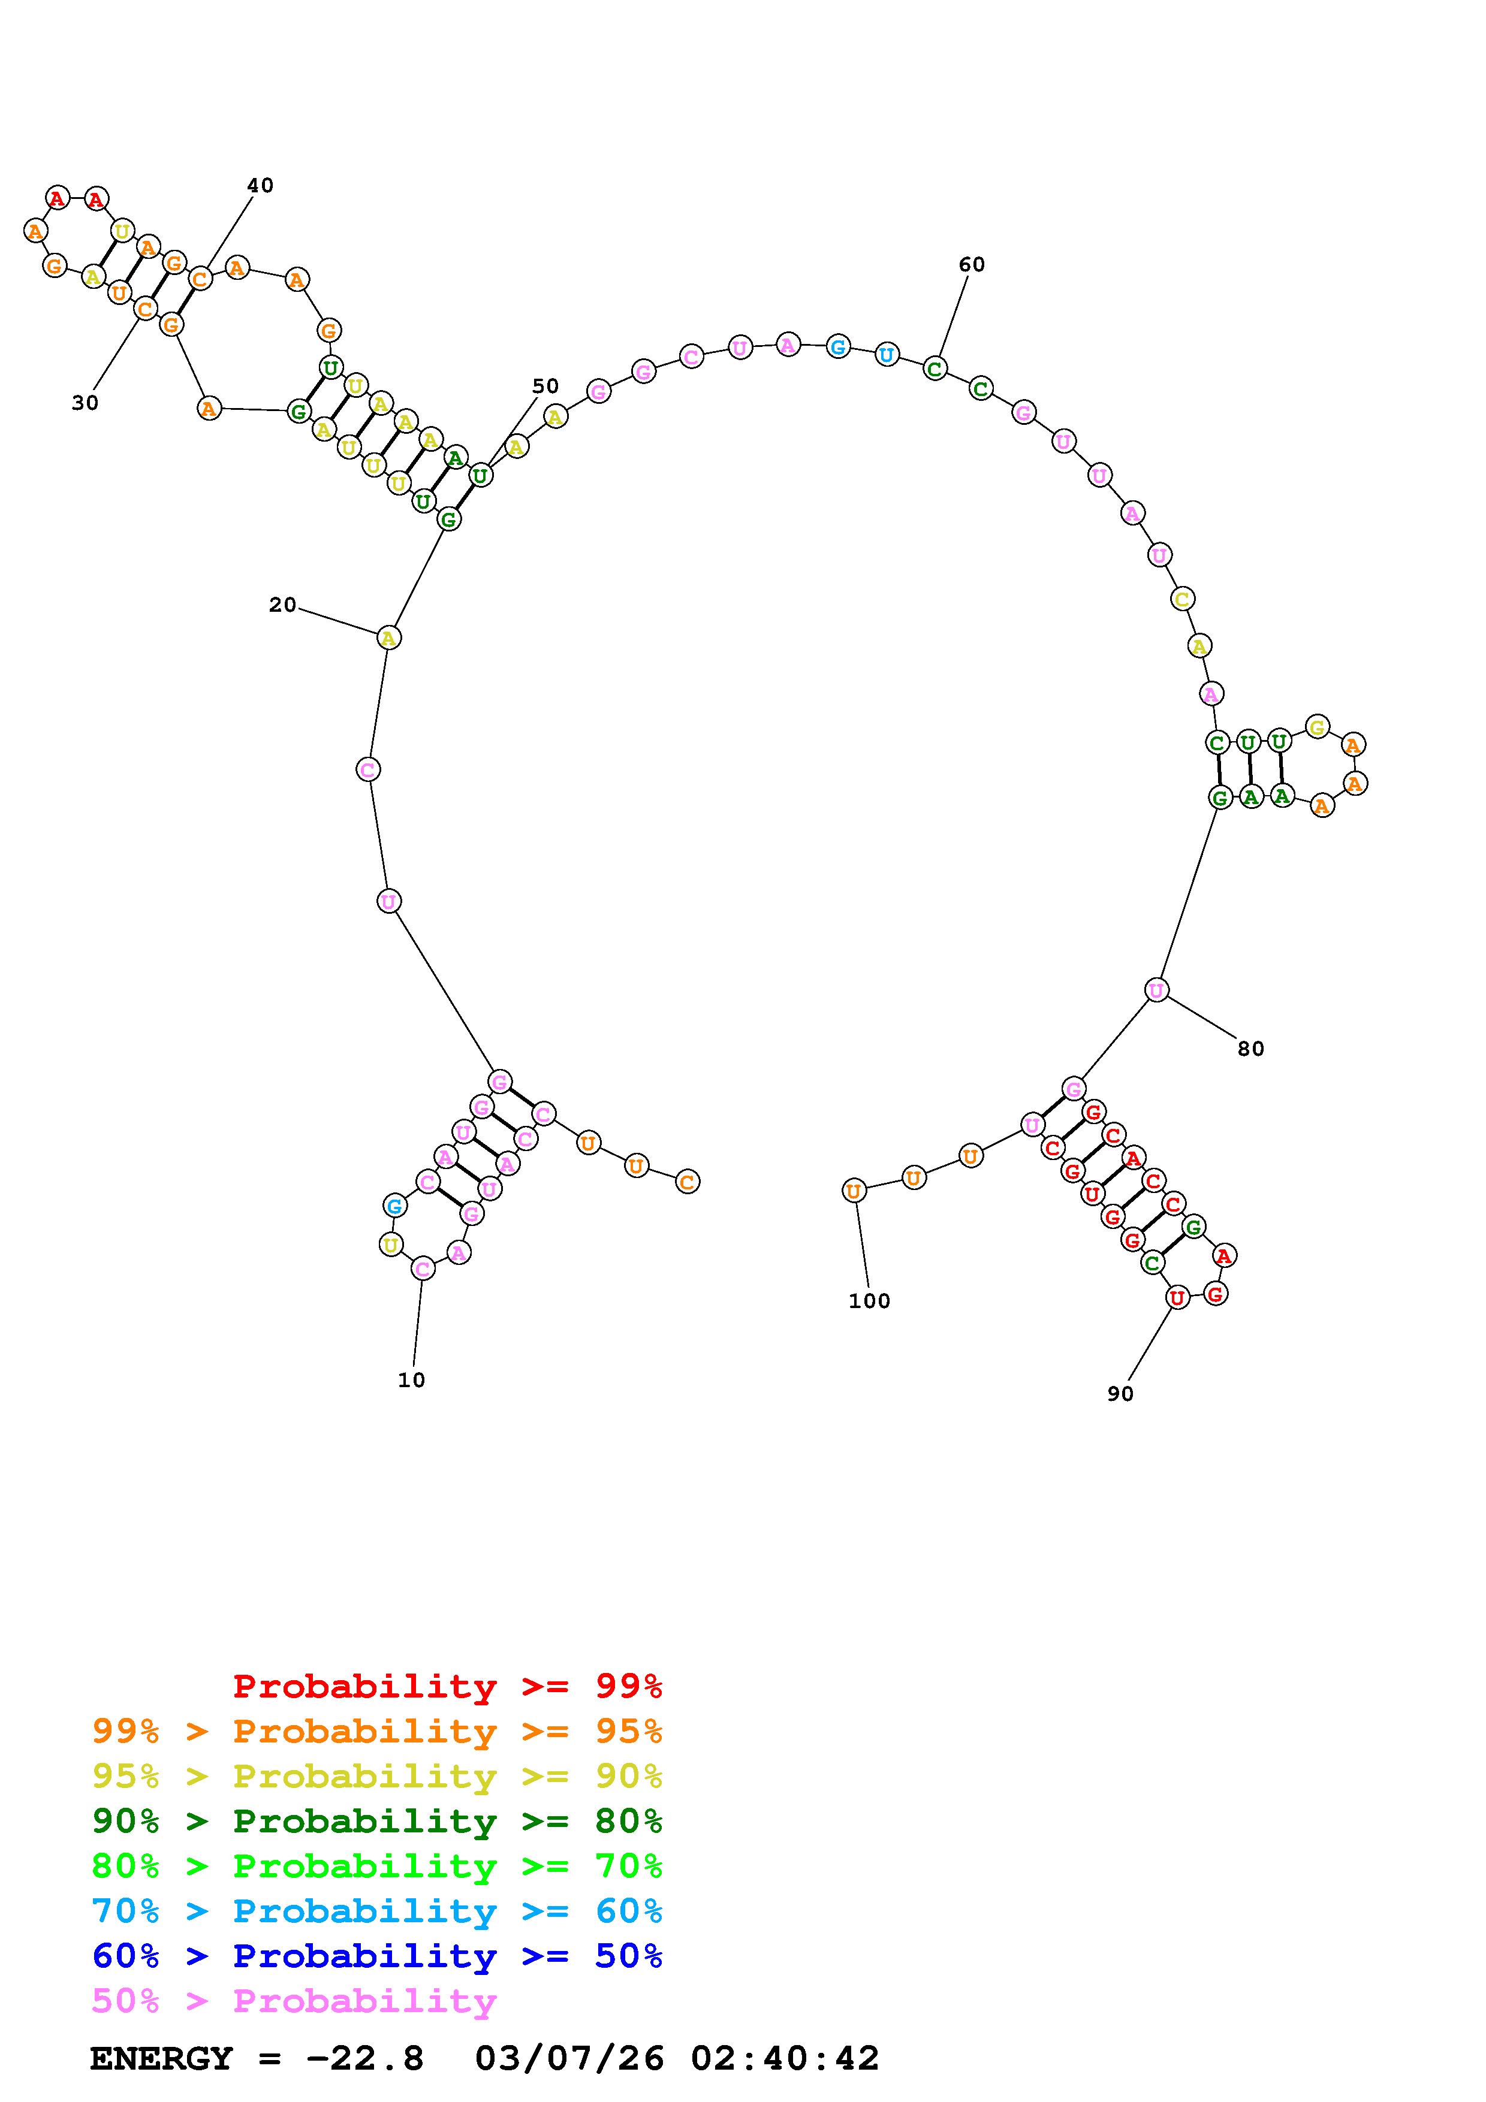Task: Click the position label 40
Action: pyautogui.click(x=260, y=186)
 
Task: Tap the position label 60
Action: pyautogui.click(x=972, y=265)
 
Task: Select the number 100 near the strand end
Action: pyautogui.click(x=869, y=1301)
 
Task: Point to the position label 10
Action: pyautogui.click(x=411, y=1380)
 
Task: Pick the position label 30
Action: pyautogui.click(x=85, y=403)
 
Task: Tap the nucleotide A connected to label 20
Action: pyautogui.click(x=388, y=637)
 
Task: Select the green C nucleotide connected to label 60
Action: pyautogui.click(x=934, y=369)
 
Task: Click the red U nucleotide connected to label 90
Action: pyautogui.click(x=1177, y=1297)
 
